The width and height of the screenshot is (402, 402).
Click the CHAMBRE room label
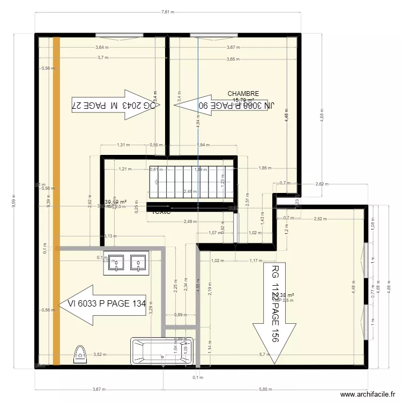(243, 94)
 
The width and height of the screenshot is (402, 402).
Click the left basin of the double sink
(114, 263)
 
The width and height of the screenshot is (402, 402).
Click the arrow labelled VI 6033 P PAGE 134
(102, 304)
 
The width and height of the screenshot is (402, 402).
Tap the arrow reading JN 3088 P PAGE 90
(226, 106)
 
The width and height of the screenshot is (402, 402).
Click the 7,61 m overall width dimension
(170, 12)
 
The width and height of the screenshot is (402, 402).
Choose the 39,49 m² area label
(115, 202)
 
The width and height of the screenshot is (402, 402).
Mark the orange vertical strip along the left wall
(56, 201)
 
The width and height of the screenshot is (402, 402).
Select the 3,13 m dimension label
(110, 236)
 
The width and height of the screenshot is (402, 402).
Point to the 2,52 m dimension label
(321, 218)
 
